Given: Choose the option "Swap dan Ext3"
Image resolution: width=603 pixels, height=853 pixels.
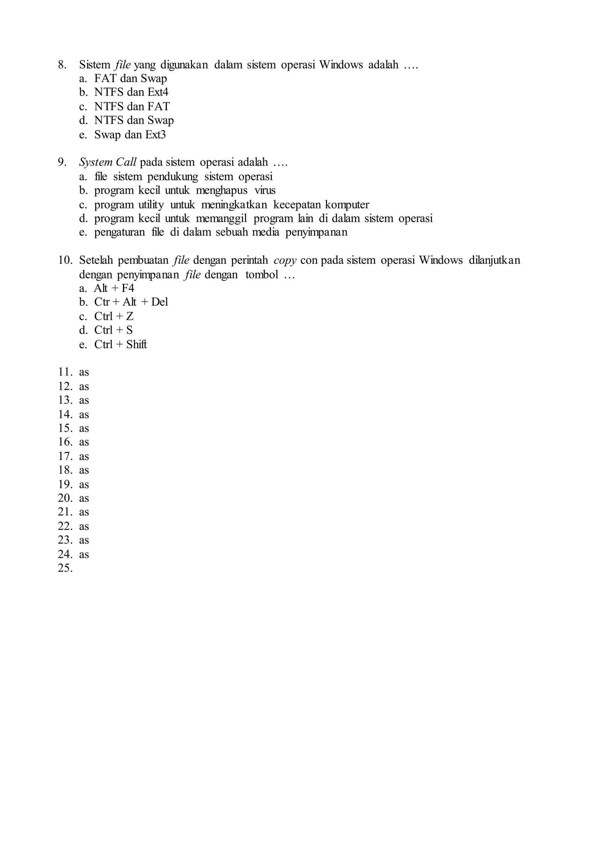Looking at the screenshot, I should point(130,135).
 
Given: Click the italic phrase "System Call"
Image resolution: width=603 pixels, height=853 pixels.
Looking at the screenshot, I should point(108,162).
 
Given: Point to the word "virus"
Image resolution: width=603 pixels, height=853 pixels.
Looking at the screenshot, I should point(265,191).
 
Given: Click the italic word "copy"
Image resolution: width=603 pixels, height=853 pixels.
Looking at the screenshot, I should point(285,260).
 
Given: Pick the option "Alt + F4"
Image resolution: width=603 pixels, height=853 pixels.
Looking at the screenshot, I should point(114,288).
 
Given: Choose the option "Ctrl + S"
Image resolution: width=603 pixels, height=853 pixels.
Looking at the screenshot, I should point(113,330).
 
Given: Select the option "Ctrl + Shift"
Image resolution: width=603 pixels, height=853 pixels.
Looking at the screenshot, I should point(120,345).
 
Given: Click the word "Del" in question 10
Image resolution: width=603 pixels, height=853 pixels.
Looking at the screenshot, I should point(160,302).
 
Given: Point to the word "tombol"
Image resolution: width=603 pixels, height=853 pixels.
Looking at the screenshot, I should point(262,275).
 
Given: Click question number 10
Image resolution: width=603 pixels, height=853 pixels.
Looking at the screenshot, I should point(65,260).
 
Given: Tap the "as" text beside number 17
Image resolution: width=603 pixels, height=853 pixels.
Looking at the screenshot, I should point(84,457).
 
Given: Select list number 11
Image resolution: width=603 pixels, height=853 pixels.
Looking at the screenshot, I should point(65,372).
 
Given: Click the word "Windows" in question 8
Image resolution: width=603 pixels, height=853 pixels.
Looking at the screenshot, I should point(341,65).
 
